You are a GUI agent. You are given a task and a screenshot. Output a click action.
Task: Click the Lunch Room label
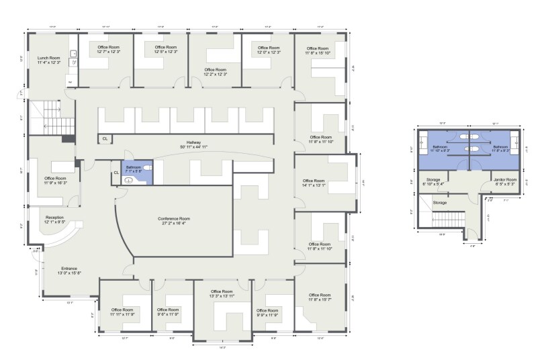[48, 59]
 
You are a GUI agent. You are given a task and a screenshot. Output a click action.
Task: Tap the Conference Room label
[174, 222]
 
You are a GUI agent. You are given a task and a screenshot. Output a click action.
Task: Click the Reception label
[55, 220]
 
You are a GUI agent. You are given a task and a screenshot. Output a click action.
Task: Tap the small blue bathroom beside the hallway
[137, 173]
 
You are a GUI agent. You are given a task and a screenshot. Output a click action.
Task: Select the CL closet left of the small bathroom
[116, 173]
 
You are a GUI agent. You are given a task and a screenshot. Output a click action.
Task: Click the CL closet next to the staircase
[105, 138]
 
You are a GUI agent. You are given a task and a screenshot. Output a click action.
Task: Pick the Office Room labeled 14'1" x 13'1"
[314, 183]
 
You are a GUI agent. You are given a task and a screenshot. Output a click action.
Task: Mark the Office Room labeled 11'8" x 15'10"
[318, 50]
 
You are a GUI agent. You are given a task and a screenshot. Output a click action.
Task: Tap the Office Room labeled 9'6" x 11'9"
[171, 312]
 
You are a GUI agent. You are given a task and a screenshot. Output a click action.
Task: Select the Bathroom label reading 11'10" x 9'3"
[440, 148]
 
